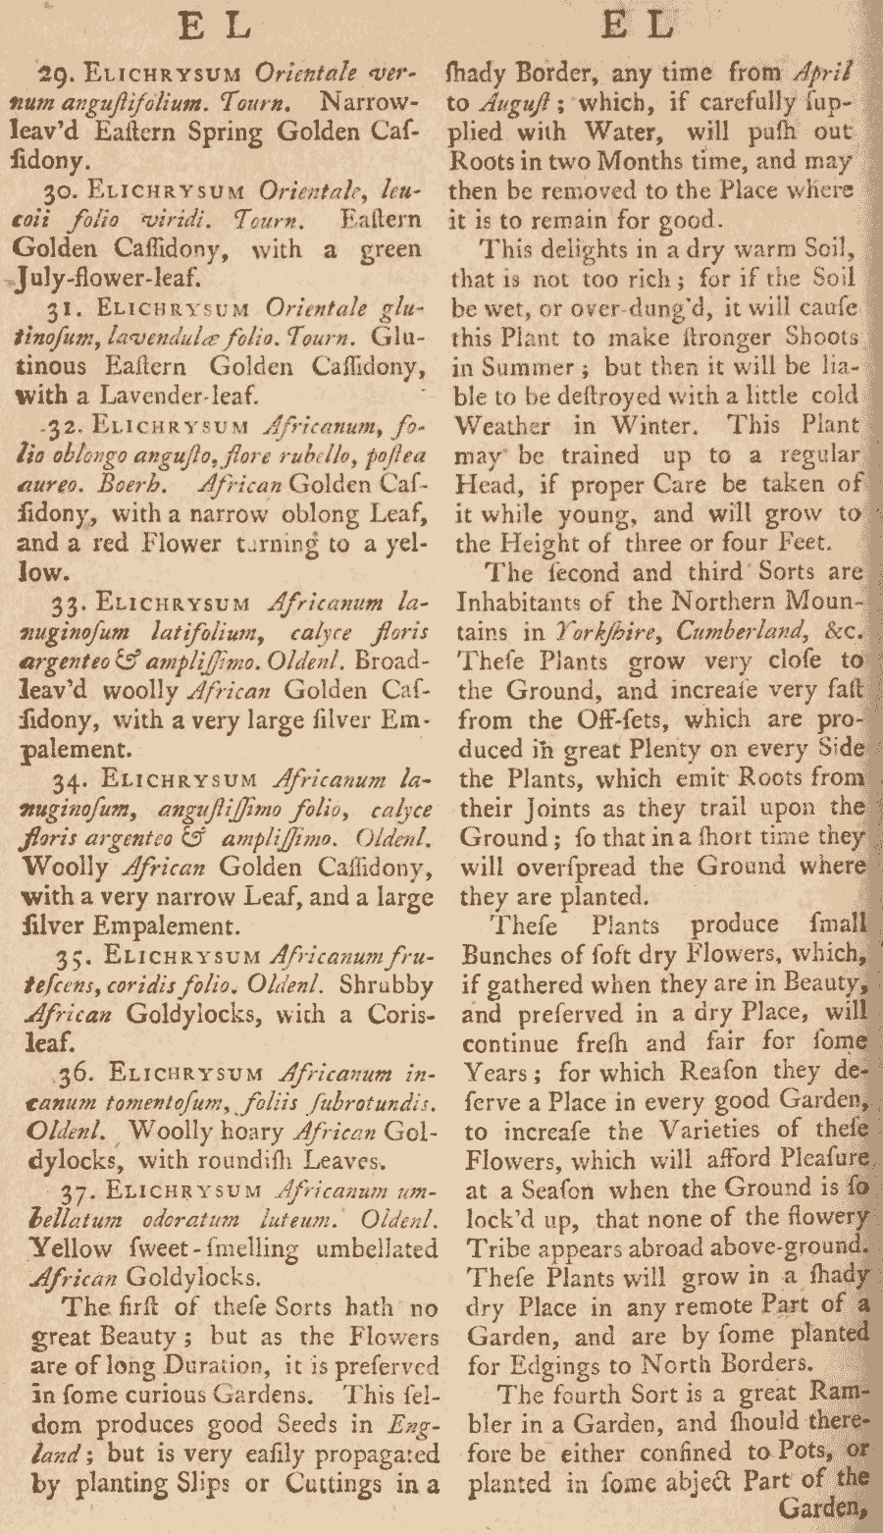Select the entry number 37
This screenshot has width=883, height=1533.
tap(78, 1190)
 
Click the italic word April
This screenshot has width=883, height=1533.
tap(824, 73)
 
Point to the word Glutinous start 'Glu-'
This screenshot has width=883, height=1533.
tap(402, 337)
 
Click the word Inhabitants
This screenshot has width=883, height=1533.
tap(525, 603)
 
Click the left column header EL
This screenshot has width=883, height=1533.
tap(217, 26)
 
